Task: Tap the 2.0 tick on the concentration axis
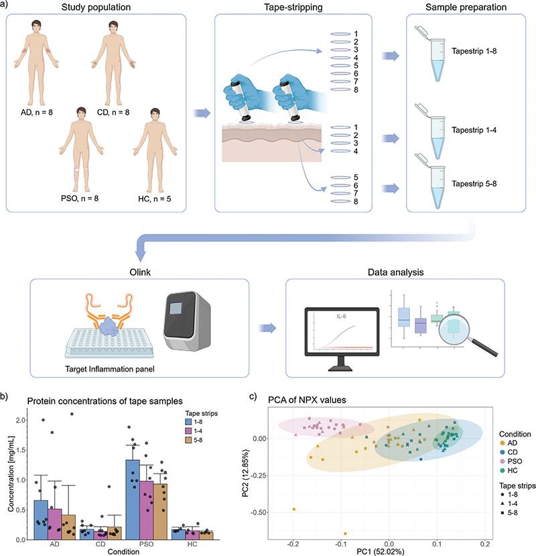[19, 420]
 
